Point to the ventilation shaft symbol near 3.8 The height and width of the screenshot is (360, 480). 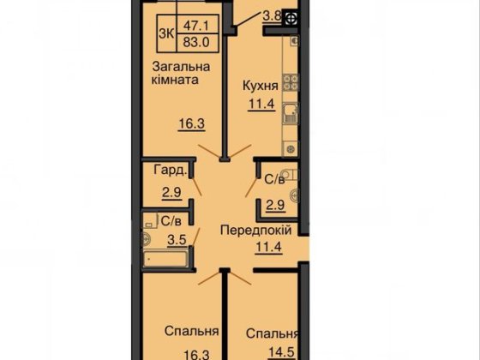click(292, 18)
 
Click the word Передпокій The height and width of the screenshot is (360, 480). click(256, 231)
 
